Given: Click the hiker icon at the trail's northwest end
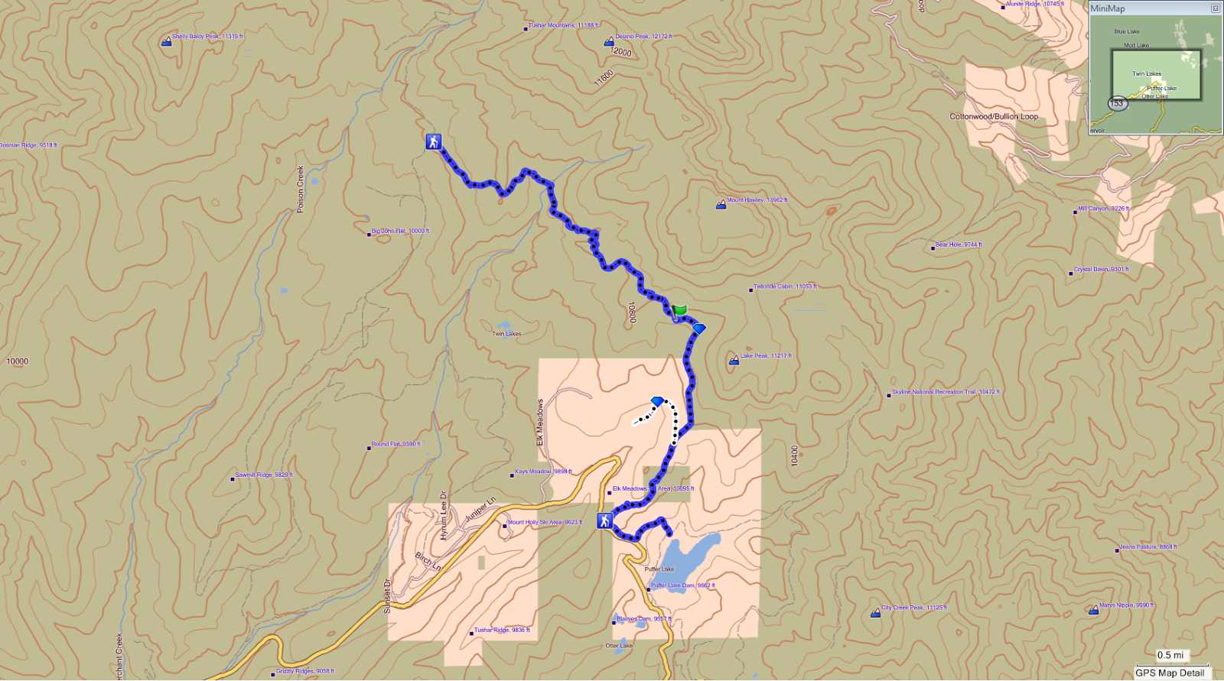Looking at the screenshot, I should coord(434,141).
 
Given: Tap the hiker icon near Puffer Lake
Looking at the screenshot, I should coord(605,520).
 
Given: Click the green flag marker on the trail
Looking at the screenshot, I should coord(680,310).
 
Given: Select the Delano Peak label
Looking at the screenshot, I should coord(643,37).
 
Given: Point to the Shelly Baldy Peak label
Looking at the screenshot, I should coord(207,37).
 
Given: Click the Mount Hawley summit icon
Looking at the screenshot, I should coord(721,204).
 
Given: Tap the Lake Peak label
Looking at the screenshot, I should coord(765,356).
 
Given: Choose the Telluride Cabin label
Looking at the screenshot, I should coord(785,287).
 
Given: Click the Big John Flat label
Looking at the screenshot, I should coord(400,231).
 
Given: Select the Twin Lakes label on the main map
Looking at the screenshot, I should coord(506,334).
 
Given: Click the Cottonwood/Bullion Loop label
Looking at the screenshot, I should coord(994,117).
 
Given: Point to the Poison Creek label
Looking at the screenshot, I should coord(301,189).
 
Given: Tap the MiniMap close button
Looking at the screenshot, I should coord(1215,8).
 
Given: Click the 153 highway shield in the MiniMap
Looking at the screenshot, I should coord(1117,103).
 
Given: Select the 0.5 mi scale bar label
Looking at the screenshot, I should coord(1170,655).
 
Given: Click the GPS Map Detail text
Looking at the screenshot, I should coord(1170,673).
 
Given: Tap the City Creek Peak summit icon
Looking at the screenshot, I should coord(875,613).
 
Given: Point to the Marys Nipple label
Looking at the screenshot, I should coord(1126,605).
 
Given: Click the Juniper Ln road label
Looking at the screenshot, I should coord(480,510).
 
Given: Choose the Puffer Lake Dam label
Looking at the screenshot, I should coord(682,585).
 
